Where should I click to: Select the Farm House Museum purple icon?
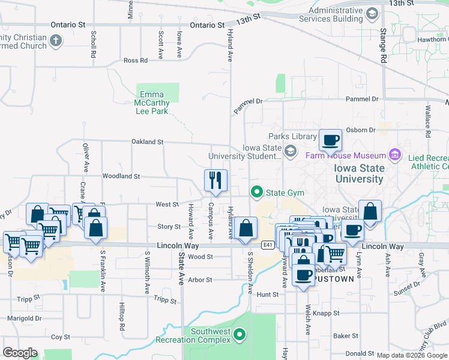pos(395,155)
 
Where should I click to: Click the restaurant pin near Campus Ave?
pos(215,180)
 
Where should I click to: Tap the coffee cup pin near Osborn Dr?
pos(330,140)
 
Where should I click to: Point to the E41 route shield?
pos(268,245)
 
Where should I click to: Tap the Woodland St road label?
pos(121,176)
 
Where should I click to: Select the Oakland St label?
pos(148,142)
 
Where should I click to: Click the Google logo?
pos(20,352)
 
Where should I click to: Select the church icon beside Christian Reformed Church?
pos(56,41)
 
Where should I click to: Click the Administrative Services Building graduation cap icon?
pos(372,13)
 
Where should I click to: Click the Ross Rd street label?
pos(135,61)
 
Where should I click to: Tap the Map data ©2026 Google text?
pos(411,355)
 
